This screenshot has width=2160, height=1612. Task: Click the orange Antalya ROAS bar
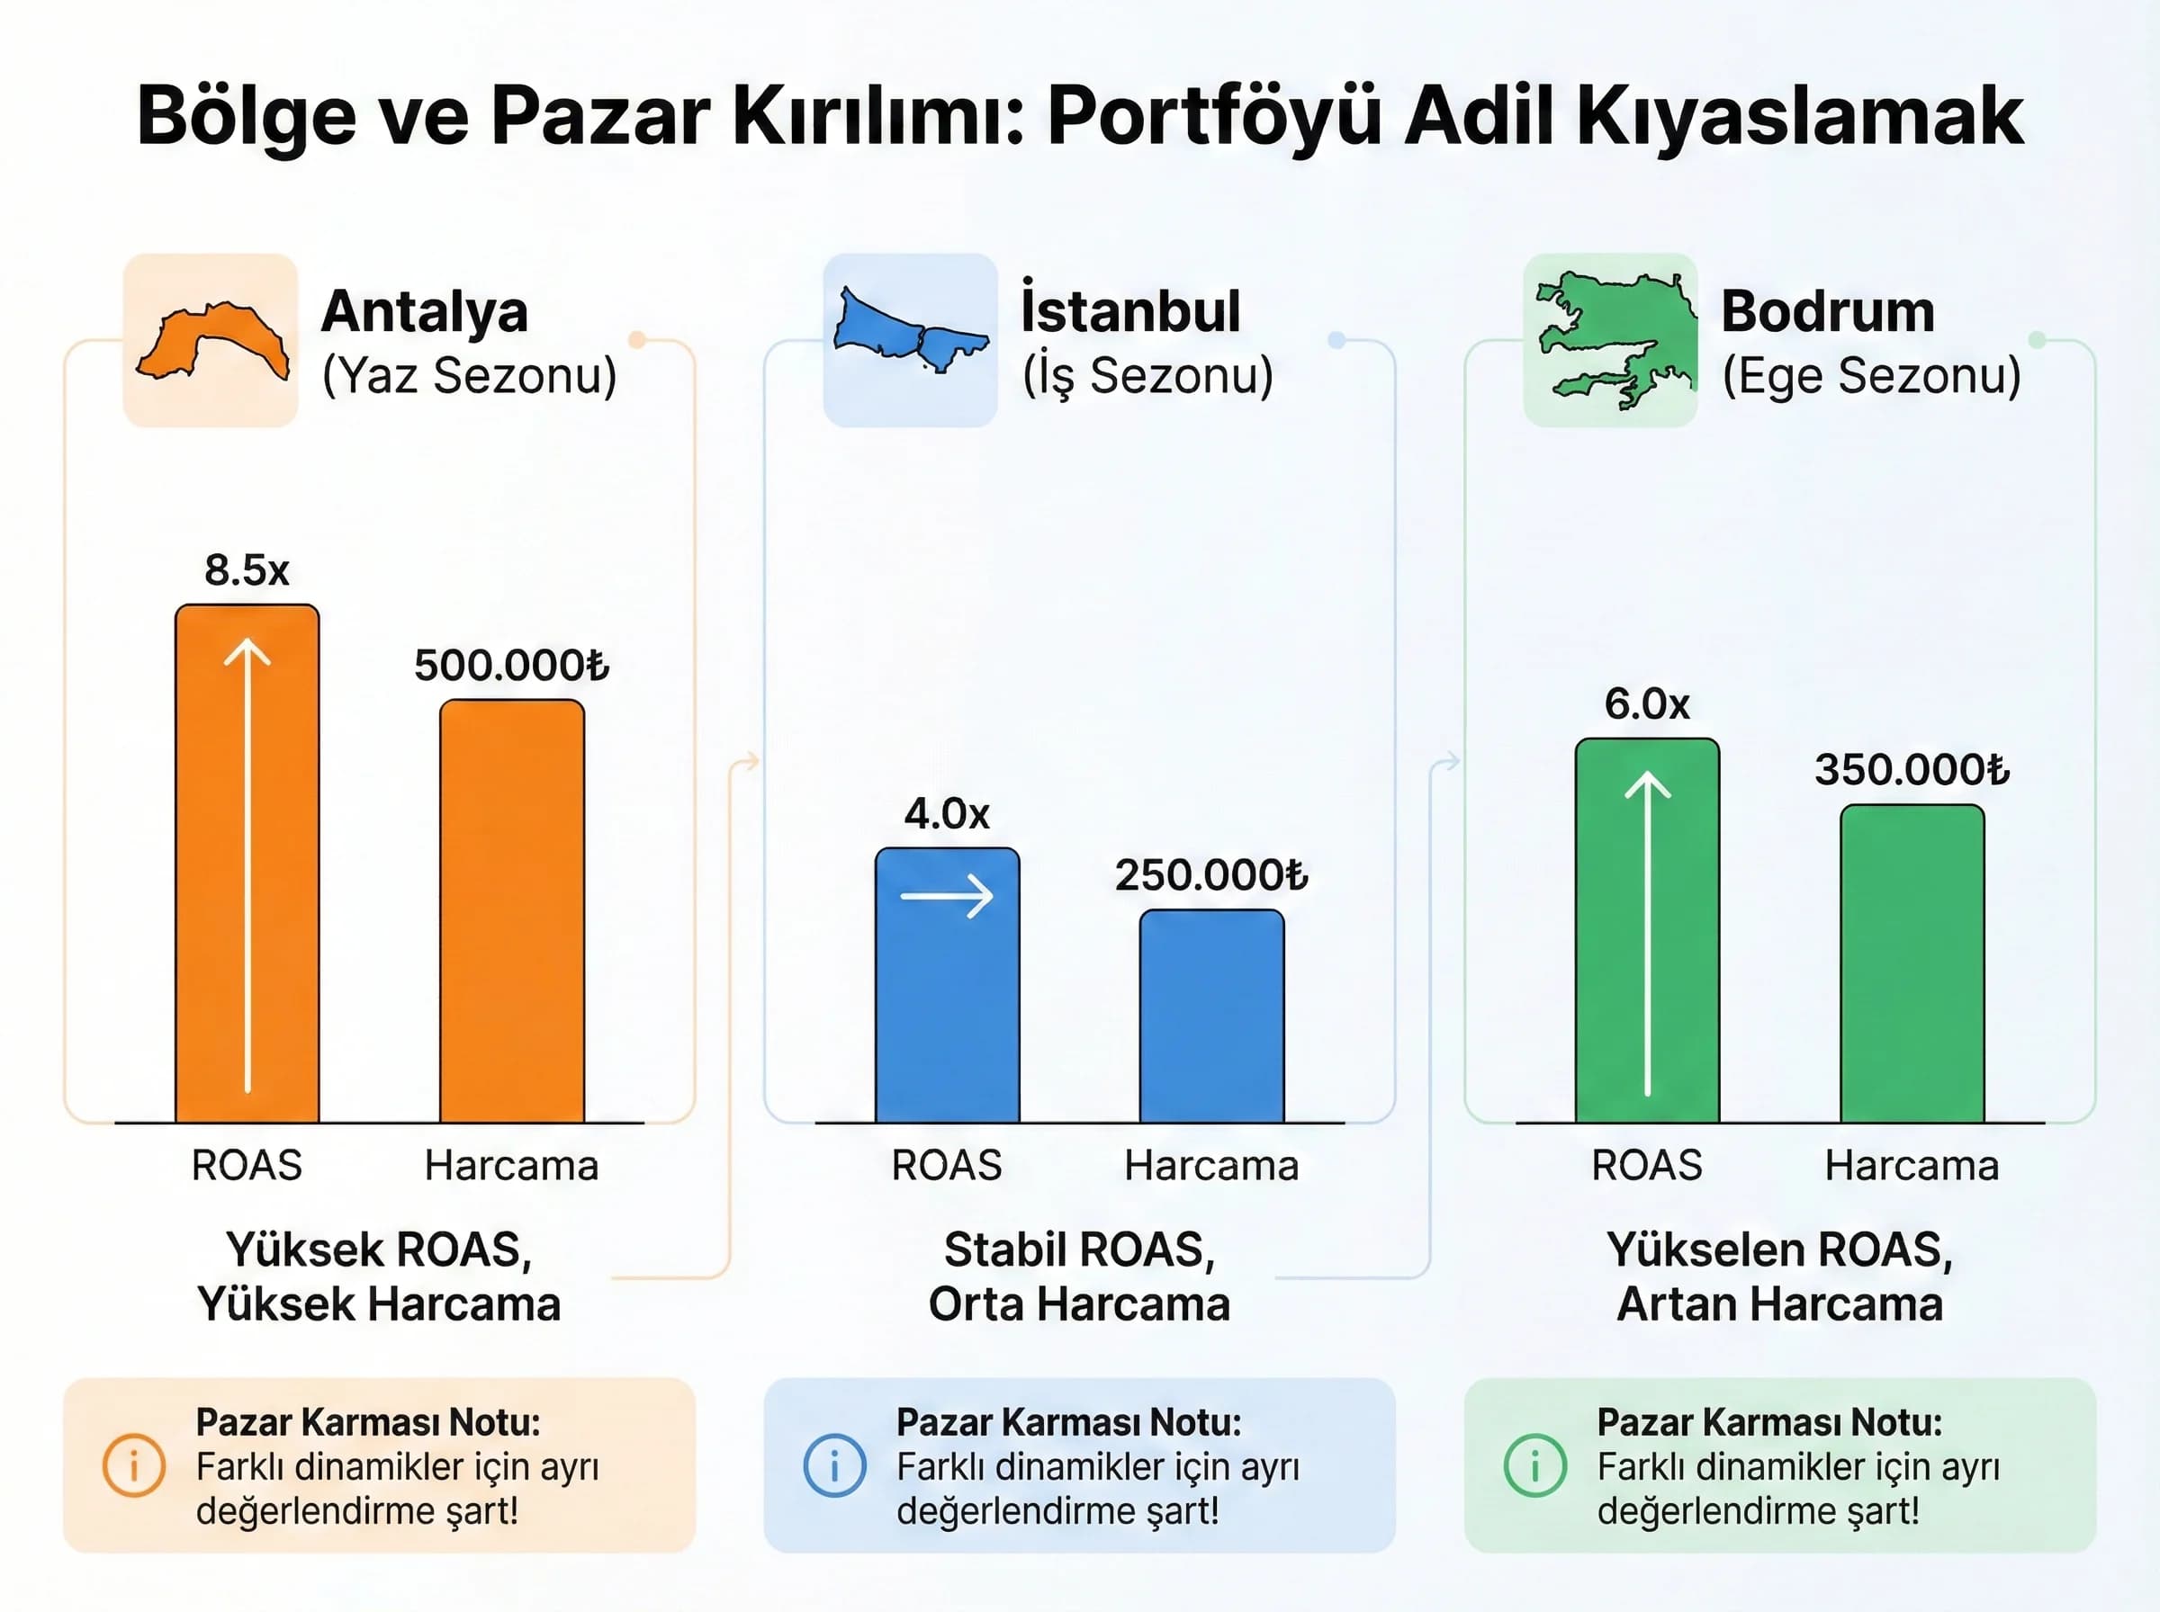coord(247,864)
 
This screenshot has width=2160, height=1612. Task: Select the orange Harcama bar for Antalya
coord(511,911)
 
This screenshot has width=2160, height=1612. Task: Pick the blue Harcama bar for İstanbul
coord(1211,1016)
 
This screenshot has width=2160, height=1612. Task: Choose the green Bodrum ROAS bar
coord(1647,931)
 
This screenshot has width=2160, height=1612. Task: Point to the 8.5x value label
coord(247,569)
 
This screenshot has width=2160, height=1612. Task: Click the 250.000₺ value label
coord(1211,874)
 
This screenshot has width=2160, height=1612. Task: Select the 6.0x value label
coord(1647,703)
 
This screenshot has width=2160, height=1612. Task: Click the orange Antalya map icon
coord(211,341)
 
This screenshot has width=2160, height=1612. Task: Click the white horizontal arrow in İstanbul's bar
coord(947,896)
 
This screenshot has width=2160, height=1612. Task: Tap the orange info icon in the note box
coord(134,1464)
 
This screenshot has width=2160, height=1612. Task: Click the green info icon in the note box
coord(1534,1464)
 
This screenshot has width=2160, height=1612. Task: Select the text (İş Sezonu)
coord(1147,376)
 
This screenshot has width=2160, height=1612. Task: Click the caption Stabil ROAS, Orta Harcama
coord(1079,1276)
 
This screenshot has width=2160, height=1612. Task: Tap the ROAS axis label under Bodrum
coord(1647,1165)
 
